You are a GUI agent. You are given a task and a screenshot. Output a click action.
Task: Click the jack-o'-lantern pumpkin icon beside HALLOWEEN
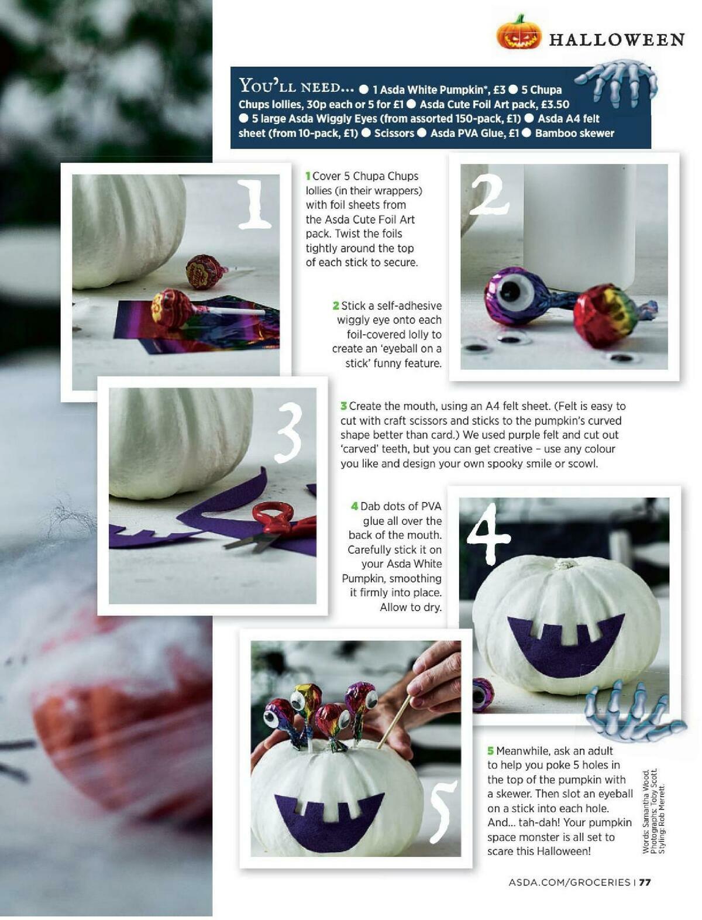518,33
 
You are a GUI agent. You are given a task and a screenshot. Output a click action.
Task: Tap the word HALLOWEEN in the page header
617,40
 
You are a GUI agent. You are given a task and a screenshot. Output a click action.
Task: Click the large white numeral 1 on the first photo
253,204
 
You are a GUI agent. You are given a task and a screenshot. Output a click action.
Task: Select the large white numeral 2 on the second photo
489,194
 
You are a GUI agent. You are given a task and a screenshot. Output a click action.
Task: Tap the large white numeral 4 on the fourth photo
488,533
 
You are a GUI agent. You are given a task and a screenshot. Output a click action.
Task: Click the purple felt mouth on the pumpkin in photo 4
566,645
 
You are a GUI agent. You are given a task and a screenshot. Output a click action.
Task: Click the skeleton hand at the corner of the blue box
616,84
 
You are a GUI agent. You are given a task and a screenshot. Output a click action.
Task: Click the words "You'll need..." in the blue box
296,86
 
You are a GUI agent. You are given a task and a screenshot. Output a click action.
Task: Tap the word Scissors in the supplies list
394,133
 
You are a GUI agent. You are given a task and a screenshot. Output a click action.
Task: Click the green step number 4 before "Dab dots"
355,506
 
